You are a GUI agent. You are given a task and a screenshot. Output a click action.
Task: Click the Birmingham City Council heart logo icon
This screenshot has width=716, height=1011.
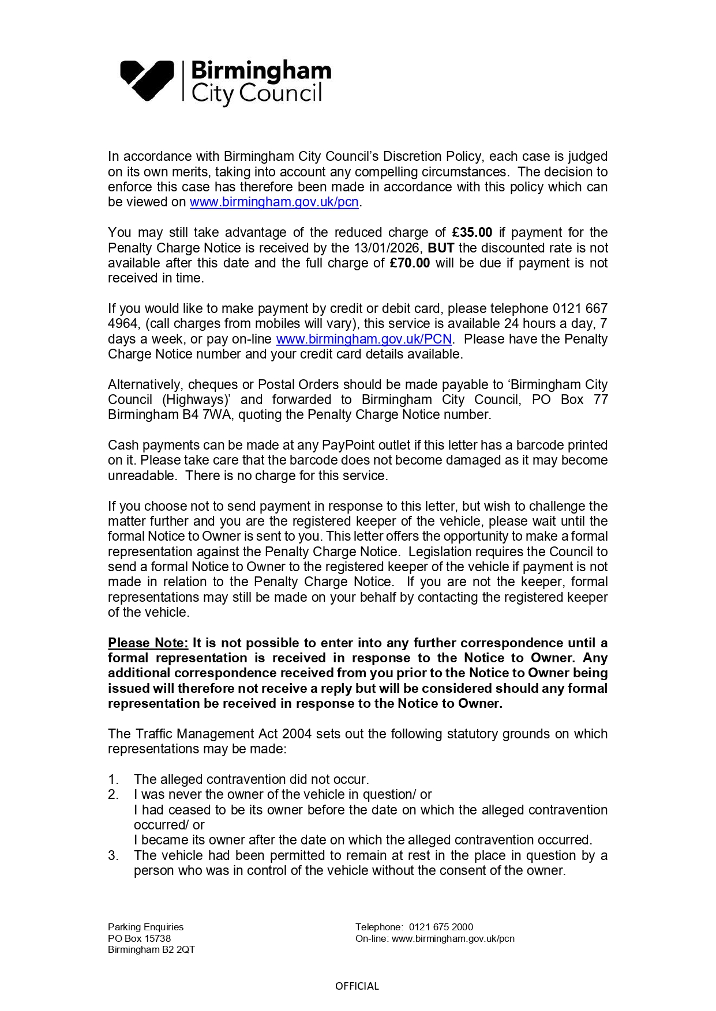coord(147,80)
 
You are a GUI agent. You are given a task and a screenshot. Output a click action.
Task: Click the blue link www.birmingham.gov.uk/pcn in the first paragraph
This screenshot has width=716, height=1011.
coord(274,202)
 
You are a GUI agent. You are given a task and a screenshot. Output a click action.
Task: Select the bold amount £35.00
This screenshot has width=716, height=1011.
coord(472,233)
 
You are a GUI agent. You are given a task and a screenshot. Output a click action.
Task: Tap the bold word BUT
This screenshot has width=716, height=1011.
coord(441,248)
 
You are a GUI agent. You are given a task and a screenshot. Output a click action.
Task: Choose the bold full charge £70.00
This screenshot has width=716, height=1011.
coord(410,263)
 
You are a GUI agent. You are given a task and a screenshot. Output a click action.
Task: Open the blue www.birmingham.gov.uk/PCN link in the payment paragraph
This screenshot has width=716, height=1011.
coord(363,339)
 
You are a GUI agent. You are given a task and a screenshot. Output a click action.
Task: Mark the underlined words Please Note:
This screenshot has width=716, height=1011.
coord(148,643)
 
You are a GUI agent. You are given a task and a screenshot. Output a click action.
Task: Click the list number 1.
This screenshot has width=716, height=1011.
coord(113,780)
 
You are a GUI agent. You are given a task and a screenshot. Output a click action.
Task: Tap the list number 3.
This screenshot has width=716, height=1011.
coord(113,856)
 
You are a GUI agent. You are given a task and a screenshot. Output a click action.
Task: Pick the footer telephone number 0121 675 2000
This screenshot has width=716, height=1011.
coord(441,927)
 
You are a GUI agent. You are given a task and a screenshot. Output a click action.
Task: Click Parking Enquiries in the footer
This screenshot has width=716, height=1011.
coord(145,927)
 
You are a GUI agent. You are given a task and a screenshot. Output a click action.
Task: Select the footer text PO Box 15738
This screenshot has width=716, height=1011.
coord(139,939)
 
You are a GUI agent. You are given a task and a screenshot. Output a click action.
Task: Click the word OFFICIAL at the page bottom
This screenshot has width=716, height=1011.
coord(357,986)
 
